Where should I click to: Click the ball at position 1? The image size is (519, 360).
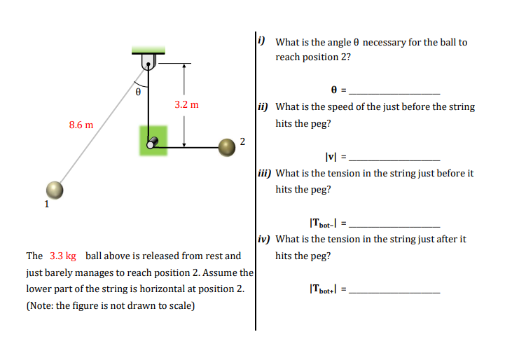55,189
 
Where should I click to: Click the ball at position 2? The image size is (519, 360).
226,146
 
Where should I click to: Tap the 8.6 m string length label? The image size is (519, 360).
81,125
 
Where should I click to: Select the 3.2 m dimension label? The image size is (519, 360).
186,104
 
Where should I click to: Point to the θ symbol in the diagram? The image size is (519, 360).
138,91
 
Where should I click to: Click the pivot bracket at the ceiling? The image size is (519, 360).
148,62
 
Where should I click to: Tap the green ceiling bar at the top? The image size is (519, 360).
148,50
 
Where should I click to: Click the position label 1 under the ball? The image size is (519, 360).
46,205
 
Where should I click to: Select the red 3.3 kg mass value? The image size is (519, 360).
63,256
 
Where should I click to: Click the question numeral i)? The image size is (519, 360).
261,41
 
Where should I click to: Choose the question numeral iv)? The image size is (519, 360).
264,238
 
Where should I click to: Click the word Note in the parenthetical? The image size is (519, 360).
43,305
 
